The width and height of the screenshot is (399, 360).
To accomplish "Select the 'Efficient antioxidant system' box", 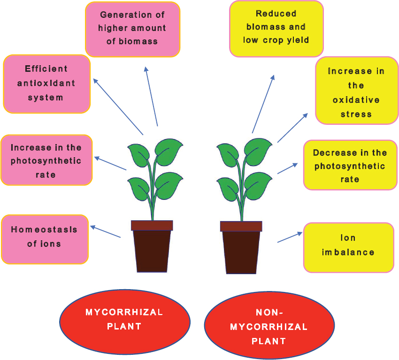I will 46,84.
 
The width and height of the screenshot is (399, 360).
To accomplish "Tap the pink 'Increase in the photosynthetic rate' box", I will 46,161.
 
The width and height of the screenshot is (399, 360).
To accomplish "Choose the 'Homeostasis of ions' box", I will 45,238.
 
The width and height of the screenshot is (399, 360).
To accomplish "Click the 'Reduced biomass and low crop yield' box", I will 276,28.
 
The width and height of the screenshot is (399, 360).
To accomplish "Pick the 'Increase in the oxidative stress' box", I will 356,92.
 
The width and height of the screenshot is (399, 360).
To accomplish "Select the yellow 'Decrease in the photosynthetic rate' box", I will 350,165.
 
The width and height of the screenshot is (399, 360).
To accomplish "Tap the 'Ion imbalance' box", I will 348,247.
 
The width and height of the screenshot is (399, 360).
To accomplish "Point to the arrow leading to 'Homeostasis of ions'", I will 106,232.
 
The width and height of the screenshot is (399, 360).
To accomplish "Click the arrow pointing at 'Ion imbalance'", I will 289,237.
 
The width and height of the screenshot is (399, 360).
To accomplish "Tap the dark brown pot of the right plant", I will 241,251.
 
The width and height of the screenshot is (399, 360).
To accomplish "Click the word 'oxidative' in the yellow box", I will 356,100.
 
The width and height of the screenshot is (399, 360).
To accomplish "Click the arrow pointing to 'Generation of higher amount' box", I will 151,96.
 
